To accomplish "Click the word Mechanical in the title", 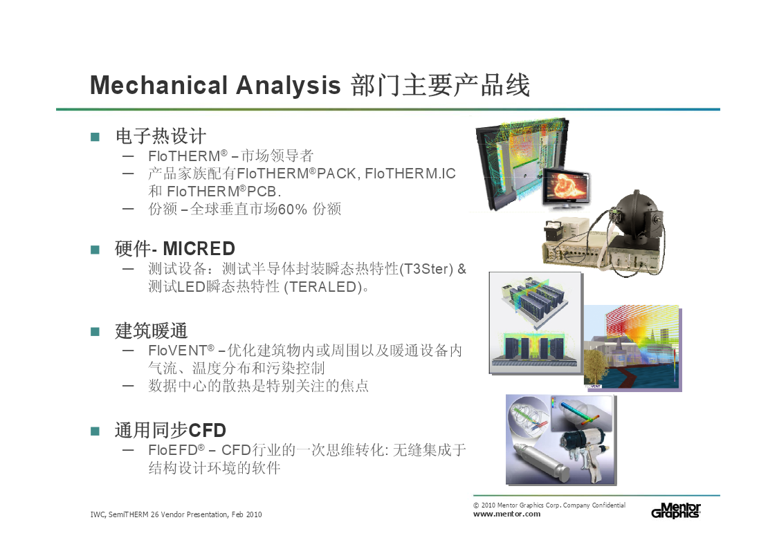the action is click(x=158, y=85).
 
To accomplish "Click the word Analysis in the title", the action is click(x=289, y=86).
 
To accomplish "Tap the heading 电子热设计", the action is click(x=161, y=136).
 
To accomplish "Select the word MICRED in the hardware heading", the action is click(x=199, y=248).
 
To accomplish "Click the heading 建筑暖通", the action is click(x=151, y=331).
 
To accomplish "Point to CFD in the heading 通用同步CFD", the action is click(x=207, y=430).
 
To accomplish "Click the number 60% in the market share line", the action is click(x=293, y=210).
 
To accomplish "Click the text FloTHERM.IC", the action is click(x=410, y=174).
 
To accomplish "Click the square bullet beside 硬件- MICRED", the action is click(x=95, y=250).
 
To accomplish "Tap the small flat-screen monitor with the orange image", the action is click(x=567, y=187).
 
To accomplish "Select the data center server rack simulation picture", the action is click(x=535, y=323).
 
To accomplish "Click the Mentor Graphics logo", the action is click(x=676, y=510).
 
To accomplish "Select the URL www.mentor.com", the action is click(x=506, y=514).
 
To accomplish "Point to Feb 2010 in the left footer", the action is click(x=246, y=514).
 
